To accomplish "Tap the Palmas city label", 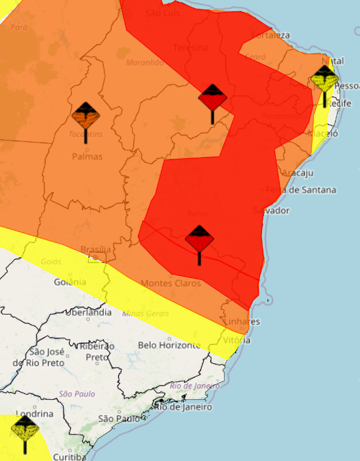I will point(87,157).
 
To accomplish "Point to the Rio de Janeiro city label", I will point(183,406).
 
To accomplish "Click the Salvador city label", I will point(271,210).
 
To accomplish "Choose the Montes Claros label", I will point(171,283).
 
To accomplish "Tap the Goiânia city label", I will point(70,282).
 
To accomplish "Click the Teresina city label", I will point(191,48).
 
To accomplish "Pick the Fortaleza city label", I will point(270,35).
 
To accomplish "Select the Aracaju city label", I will point(297,173).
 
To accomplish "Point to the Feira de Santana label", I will point(300,190).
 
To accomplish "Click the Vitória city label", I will point(236,340).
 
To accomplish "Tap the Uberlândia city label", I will point(89,313).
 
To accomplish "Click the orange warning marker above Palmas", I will point(86,118).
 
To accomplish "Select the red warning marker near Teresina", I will point(212,100).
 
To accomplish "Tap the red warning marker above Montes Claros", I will point(199,241).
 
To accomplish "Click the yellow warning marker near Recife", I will point(325,81).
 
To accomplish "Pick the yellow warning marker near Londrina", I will point(25,431).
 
